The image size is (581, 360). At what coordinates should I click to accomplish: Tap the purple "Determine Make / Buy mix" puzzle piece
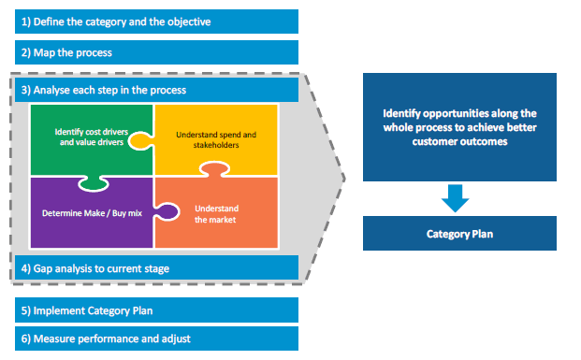point(89,212)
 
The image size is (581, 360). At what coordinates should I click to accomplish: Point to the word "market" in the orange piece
point(223,220)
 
